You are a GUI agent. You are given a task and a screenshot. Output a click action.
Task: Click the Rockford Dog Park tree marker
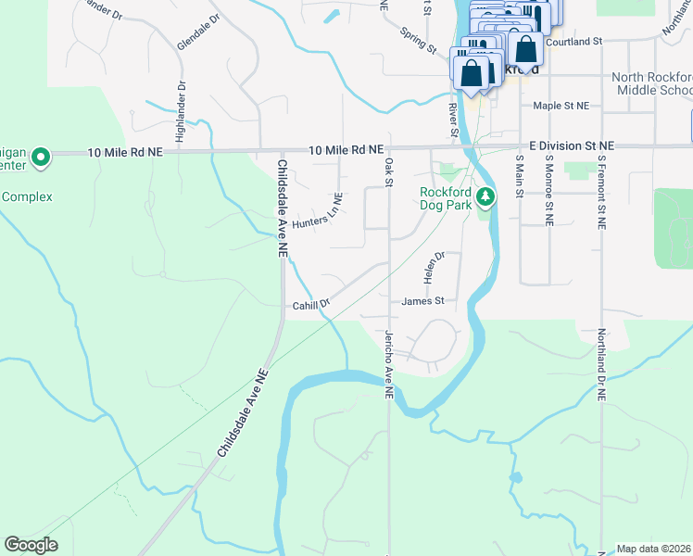485,196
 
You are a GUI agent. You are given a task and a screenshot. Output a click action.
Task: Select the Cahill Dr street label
311,305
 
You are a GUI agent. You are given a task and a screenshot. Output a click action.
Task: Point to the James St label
423,301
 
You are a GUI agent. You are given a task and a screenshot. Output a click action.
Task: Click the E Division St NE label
572,146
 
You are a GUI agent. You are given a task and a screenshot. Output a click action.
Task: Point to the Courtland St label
574,42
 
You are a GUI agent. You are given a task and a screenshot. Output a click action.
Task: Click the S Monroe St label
548,190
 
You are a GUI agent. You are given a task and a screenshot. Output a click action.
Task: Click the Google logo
31,545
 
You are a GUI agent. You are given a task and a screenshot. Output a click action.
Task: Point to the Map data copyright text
654,549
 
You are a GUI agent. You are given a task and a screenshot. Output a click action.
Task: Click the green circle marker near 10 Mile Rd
40,158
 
